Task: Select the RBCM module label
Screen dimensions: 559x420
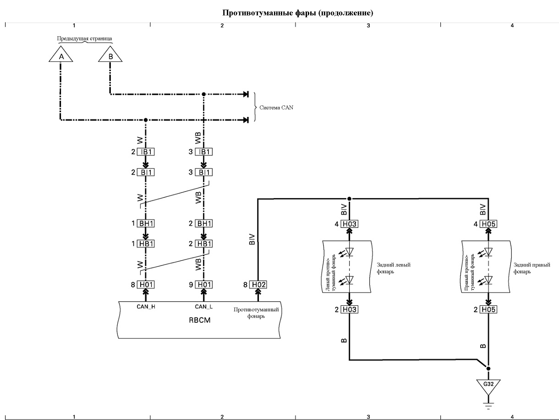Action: (200, 320)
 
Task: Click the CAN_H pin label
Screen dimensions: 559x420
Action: (146, 307)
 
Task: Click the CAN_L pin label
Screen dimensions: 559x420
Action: (204, 307)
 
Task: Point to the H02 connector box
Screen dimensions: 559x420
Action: (258, 285)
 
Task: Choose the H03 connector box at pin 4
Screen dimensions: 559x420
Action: (350, 224)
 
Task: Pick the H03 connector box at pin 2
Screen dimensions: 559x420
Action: (350, 309)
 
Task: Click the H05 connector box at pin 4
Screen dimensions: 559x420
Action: (488, 224)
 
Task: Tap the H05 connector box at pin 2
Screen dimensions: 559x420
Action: (488, 309)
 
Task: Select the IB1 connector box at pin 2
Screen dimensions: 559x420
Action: (146, 152)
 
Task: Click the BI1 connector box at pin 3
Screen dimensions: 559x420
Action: (204, 172)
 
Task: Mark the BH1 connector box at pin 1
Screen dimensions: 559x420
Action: (146, 223)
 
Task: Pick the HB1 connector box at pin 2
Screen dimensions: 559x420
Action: (204, 244)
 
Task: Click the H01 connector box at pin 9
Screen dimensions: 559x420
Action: (204, 285)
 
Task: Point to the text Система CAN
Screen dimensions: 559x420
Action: (276, 108)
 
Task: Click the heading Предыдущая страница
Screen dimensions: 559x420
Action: (84, 39)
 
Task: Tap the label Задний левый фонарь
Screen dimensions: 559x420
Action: (394, 268)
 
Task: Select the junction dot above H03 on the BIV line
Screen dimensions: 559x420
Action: (350, 199)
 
